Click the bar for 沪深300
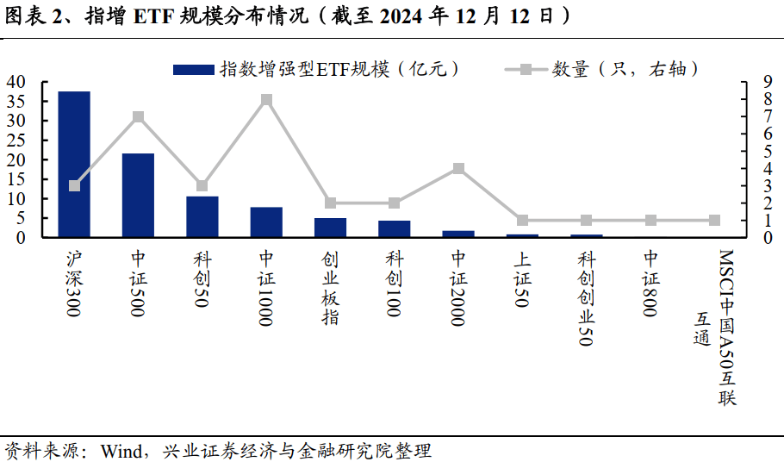click(x=74, y=164)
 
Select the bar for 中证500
click(x=138, y=195)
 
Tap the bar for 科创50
click(x=202, y=216)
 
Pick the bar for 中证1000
click(x=266, y=222)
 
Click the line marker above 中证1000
click(x=266, y=100)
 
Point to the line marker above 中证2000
click(x=458, y=169)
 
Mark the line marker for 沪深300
click(x=74, y=186)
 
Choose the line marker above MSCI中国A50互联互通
click(x=714, y=221)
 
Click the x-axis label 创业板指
click(x=330, y=289)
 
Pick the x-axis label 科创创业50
click(x=587, y=298)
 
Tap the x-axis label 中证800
click(x=650, y=284)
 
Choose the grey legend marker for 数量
click(x=525, y=69)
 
